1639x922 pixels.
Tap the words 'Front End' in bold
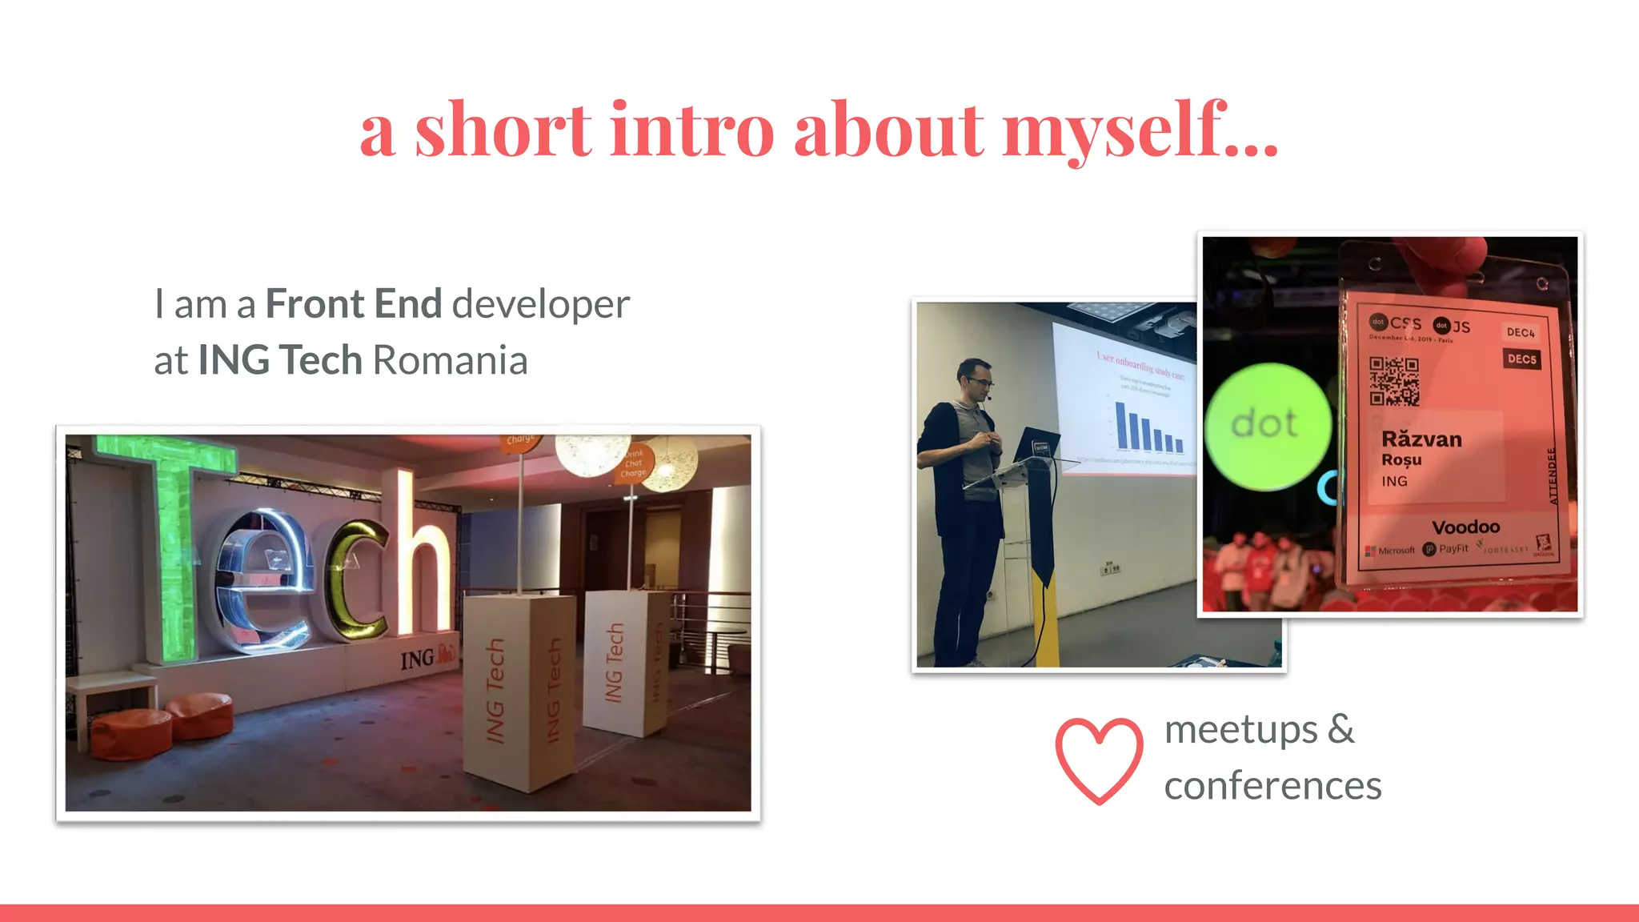click(x=353, y=304)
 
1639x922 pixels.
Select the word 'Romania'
click(x=450, y=360)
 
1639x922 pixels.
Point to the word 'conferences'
click(x=1272, y=786)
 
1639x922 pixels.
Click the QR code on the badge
click(x=1393, y=381)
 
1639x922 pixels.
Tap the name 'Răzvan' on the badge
click(x=1421, y=439)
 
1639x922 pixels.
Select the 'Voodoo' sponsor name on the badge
click(x=1465, y=527)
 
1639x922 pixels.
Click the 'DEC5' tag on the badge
click(x=1521, y=359)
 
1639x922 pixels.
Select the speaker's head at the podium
click(x=977, y=381)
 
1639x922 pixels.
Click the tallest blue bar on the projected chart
click(x=1122, y=427)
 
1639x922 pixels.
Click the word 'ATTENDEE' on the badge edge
click(x=1553, y=475)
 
